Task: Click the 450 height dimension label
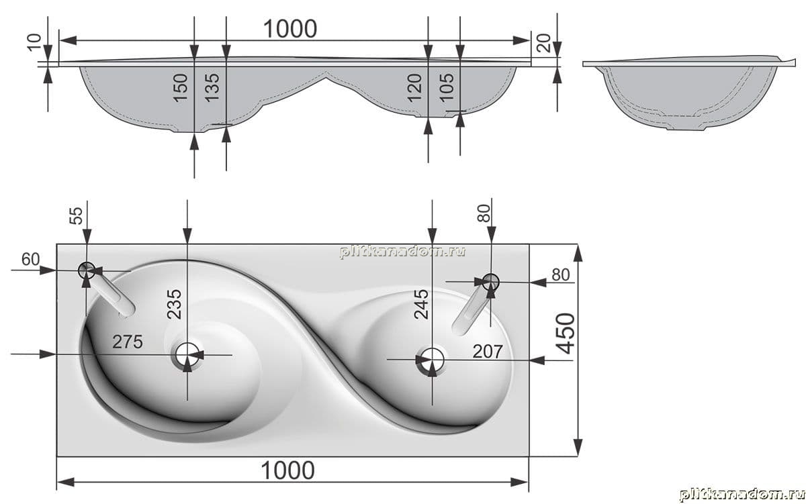[566, 334]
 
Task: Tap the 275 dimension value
[128, 342]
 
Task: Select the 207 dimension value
[487, 352]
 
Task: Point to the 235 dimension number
[174, 304]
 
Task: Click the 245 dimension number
[421, 304]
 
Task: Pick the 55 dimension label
[76, 216]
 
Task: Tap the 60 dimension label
[31, 259]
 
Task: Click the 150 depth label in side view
[181, 88]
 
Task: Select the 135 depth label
[212, 88]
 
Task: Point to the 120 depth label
[414, 88]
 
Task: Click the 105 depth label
[447, 88]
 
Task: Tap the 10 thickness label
[35, 42]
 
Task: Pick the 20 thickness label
[545, 43]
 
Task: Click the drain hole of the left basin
[187, 354]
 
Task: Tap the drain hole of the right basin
[432, 359]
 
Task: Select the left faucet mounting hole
[87, 270]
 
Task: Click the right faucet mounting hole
[491, 281]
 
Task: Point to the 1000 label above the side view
[290, 29]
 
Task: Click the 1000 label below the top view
[288, 470]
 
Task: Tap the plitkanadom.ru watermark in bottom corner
[742, 495]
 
